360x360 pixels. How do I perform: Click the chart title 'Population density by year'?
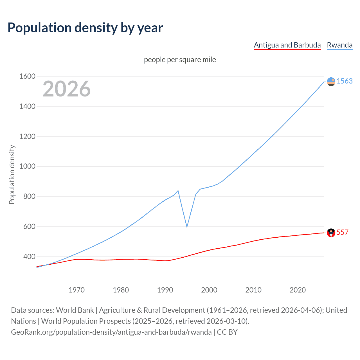pyautogui.click(x=85, y=28)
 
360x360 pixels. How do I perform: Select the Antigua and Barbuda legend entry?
pyautogui.click(x=287, y=45)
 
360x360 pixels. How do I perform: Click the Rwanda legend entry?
pyautogui.click(x=339, y=45)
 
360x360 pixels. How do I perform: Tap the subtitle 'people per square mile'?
pyautogui.click(x=180, y=60)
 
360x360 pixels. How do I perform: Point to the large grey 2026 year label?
pyautogui.click(x=67, y=89)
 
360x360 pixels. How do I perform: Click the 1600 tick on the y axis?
pyautogui.click(x=27, y=76)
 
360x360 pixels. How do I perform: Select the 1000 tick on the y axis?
pyautogui.click(x=27, y=166)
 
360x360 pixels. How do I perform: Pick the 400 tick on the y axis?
pyautogui.click(x=29, y=256)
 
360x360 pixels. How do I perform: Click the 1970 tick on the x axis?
pyautogui.click(x=76, y=290)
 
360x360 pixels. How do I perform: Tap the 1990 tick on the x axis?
pyautogui.click(x=165, y=290)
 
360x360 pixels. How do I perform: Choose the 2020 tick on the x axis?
pyautogui.click(x=298, y=290)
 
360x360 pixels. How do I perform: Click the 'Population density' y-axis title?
pyautogui.click(x=12, y=174)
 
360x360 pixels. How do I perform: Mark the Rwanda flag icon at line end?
pyautogui.click(x=331, y=82)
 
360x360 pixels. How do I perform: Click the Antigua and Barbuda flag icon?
pyautogui.click(x=331, y=233)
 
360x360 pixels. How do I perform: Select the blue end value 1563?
pyautogui.click(x=345, y=81)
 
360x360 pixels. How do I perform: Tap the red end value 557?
pyautogui.click(x=342, y=232)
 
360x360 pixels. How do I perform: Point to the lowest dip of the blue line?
pyautogui.click(x=187, y=227)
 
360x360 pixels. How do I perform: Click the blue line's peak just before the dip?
pyautogui.click(x=178, y=191)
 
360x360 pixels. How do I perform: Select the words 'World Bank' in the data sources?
pyautogui.click(x=75, y=310)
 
